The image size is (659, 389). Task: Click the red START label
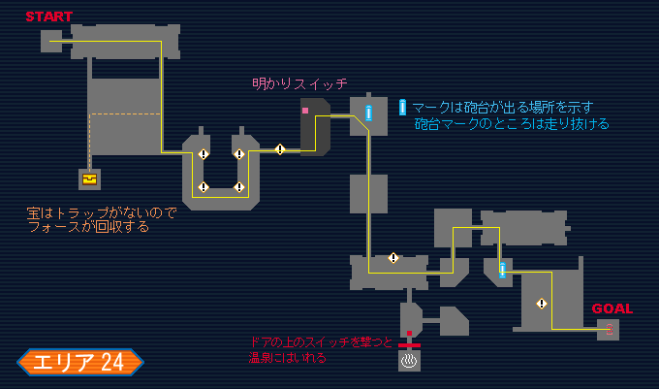(x=48, y=16)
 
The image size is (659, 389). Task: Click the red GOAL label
(x=612, y=308)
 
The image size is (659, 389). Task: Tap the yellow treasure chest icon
(x=90, y=178)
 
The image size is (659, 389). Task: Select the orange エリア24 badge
(x=79, y=362)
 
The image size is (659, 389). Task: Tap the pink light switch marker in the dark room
(x=305, y=111)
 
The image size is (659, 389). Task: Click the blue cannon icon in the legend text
(x=403, y=107)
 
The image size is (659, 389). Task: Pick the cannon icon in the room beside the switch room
(x=368, y=113)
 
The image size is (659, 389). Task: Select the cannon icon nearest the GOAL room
(x=502, y=270)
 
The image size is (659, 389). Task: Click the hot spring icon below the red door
(x=410, y=362)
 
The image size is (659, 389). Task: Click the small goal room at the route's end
(x=609, y=330)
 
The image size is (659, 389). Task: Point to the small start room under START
(x=51, y=41)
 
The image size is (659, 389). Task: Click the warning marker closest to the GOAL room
(x=542, y=304)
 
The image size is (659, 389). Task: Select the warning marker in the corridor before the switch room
(x=280, y=149)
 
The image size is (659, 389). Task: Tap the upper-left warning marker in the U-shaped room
(x=204, y=154)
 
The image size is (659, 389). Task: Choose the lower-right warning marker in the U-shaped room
(x=238, y=187)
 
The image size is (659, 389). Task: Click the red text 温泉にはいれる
(x=287, y=357)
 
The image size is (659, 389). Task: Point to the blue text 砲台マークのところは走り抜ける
(x=512, y=124)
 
